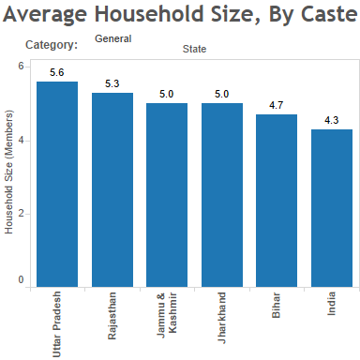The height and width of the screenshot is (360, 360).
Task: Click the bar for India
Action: point(332,207)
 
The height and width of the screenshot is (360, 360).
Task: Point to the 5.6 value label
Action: point(56,72)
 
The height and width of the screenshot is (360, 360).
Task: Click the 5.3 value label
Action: point(112,83)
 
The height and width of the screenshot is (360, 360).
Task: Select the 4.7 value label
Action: point(277,105)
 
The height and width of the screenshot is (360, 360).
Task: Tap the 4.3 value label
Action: point(332,120)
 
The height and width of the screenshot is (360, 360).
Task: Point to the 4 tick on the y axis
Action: point(21,141)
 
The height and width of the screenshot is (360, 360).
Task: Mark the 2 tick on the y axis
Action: point(21,213)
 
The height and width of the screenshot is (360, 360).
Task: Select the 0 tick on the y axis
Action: point(21,280)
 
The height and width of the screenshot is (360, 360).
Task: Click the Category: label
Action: point(52,45)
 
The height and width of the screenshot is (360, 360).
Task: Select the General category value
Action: point(112,38)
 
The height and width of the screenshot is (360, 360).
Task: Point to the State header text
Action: point(194,49)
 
